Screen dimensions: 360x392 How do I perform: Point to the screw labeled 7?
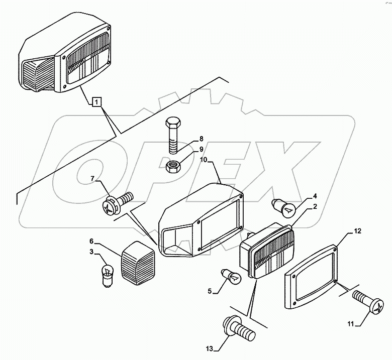point(118,202)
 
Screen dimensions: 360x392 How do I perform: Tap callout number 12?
point(357,231)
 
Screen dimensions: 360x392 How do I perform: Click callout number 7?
point(92,178)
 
